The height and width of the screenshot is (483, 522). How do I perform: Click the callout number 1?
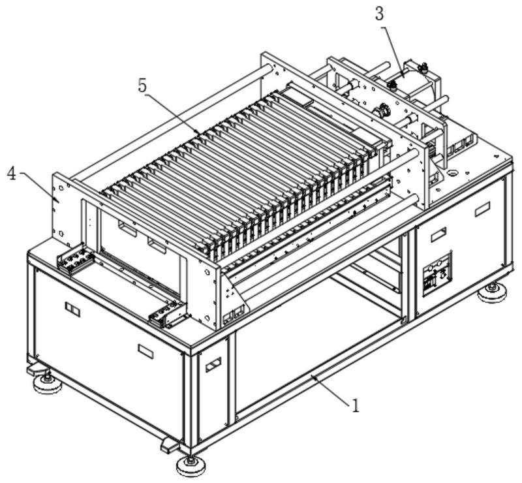pos(356,406)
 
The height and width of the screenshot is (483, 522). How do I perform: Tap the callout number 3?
pos(379,14)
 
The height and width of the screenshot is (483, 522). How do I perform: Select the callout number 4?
pos(12,174)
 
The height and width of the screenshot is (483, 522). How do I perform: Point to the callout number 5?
pos(142,86)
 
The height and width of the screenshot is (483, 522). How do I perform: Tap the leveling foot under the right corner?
pos(492,292)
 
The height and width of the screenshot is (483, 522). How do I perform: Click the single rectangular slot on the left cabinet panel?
pos(146,351)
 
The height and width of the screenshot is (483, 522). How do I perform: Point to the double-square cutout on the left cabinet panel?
pos(72,309)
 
